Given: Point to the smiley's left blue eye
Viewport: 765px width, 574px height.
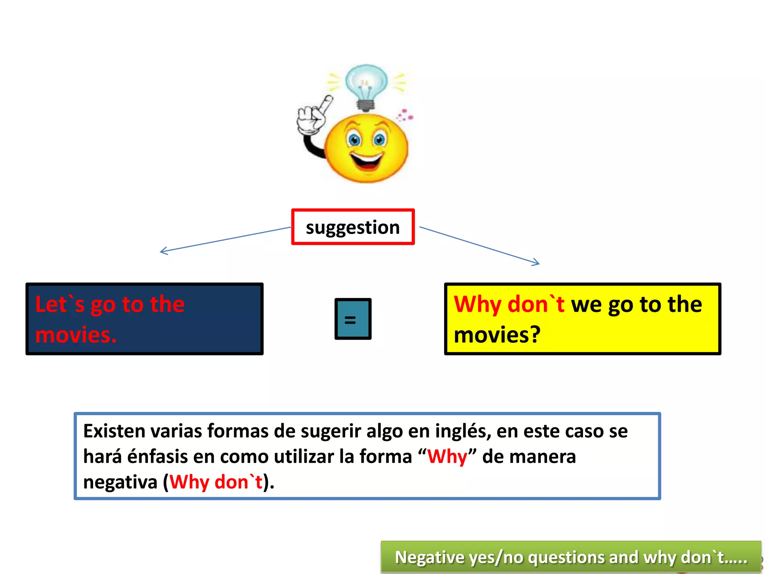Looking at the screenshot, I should pos(354,140).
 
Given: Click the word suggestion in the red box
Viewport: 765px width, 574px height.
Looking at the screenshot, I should pos(353,227).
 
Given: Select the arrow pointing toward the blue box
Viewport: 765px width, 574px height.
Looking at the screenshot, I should pos(224,239).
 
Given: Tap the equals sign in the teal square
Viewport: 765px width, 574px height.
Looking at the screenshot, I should pos(350,320).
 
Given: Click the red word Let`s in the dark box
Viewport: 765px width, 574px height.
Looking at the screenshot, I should pos(60,304).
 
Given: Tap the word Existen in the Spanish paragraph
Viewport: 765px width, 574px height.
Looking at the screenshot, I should pos(114,431).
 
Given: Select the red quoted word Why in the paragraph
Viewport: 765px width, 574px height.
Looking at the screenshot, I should pos(447,457).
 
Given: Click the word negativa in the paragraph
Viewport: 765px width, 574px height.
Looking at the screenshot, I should pos(120,482).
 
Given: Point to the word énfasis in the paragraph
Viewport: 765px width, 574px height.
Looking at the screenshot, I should pos(157,457).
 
